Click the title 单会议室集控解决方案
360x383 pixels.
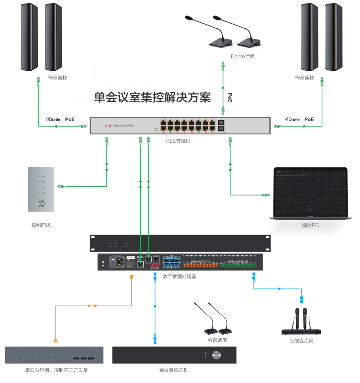coord(153,97)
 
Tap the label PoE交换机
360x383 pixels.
coord(178,141)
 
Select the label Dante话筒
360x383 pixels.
coord(243,56)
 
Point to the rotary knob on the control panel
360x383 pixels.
coord(41,203)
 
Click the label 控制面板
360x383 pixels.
coord(41,225)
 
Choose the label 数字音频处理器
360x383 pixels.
coord(179,277)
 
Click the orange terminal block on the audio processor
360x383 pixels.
coord(200,265)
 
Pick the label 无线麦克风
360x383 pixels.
coord(302,340)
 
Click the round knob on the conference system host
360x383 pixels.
coord(217,355)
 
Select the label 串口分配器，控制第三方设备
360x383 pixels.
coord(56,370)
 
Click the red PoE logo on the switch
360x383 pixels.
coord(109,126)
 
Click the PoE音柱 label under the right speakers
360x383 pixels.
coord(304,77)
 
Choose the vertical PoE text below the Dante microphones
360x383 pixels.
coord(230,98)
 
